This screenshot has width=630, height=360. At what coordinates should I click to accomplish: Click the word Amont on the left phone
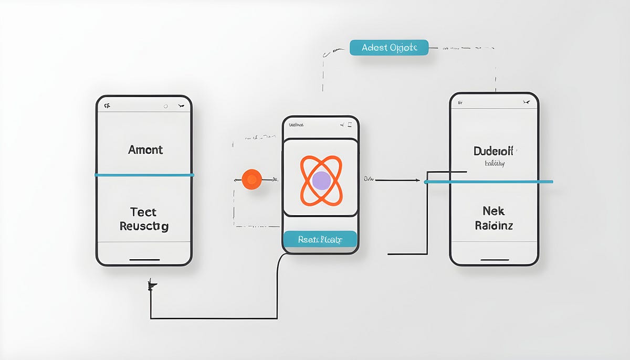(145, 150)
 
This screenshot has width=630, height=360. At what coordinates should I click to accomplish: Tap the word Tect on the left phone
(143, 212)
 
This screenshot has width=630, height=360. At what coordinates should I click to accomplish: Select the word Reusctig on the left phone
(144, 227)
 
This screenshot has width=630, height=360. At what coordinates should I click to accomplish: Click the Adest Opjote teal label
(389, 48)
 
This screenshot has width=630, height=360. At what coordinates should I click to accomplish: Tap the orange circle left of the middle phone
(252, 179)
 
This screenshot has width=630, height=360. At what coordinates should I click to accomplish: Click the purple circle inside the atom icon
(321, 181)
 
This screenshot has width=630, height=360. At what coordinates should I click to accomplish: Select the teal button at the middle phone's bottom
(320, 240)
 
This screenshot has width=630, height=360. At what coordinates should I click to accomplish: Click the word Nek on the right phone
(493, 211)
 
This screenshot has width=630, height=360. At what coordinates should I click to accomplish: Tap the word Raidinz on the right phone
(494, 226)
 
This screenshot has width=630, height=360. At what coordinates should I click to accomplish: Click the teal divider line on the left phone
(144, 175)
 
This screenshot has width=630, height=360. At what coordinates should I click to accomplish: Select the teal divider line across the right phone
(488, 182)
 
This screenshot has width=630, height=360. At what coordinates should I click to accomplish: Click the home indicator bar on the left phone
(144, 259)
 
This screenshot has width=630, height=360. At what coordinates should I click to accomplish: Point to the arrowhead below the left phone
(152, 286)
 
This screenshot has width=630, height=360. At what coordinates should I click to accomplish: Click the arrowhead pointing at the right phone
(417, 181)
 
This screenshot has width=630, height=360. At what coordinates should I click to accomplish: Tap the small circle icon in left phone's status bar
(165, 106)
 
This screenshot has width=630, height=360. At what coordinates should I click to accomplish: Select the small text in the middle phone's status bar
(297, 125)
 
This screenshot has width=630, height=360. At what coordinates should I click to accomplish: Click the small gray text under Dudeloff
(495, 164)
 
